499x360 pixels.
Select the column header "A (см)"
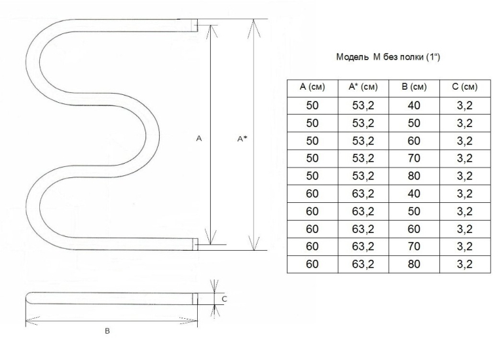click(312, 86)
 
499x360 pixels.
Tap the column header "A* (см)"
click(363, 86)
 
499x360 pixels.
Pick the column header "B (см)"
click(414, 86)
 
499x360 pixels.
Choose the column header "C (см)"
click(465, 86)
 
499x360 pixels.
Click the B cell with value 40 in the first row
click(414, 105)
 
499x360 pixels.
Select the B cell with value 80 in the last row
click(414, 264)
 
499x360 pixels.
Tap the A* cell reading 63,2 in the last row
click(363, 264)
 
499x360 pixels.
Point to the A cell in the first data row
click(312, 105)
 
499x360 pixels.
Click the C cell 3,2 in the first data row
click(465, 105)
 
